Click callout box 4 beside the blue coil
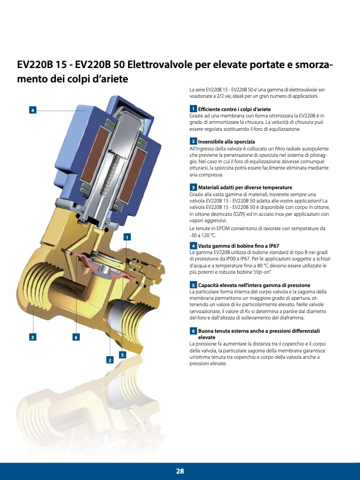click(x=33, y=110)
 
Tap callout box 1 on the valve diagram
click(x=127, y=237)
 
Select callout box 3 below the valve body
click(x=33, y=337)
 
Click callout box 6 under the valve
click(x=76, y=337)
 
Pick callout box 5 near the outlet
click(x=122, y=355)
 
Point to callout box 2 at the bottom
click(x=110, y=360)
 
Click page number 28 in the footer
click(x=180, y=471)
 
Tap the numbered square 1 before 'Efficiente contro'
click(x=193, y=108)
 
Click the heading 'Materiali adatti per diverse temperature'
click(x=245, y=187)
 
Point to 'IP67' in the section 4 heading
click(x=273, y=246)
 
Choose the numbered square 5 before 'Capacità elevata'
click(x=193, y=285)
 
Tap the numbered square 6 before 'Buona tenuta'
click(x=193, y=331)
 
